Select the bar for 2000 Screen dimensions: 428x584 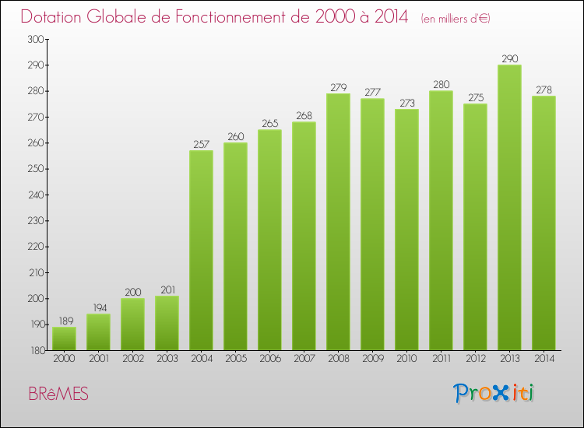click(64, 339)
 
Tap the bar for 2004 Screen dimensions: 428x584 click(201, 250)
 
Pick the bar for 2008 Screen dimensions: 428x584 click(338, 222)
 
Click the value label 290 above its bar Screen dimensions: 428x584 click(509, 58)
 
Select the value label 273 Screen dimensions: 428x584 click(406, 103)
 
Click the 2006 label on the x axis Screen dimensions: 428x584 click(269, 359)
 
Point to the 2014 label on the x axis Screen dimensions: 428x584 click(544, 359)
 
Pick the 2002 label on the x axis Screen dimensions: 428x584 click(132, 359)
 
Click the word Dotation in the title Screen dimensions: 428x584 click(55, 17)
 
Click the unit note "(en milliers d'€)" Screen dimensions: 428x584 click(456, 19)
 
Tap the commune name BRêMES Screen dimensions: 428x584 click(58, 395)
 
